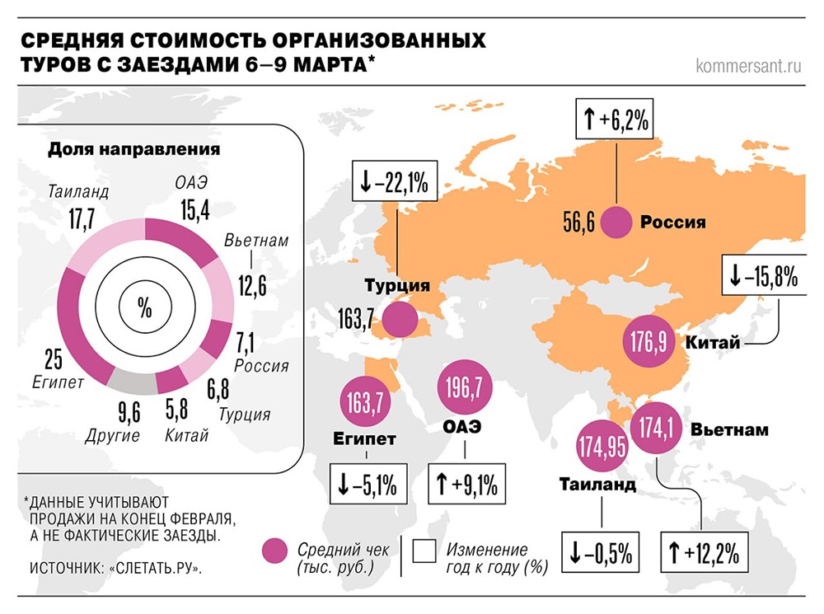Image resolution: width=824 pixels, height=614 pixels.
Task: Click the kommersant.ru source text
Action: (748, 65)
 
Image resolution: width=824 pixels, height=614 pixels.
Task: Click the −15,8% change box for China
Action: (762, 277)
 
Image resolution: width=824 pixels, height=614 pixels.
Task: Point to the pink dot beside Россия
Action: (616, 223)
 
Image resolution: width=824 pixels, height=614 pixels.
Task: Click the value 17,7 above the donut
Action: (80, 220)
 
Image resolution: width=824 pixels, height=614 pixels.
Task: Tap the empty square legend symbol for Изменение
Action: (425, 551)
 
